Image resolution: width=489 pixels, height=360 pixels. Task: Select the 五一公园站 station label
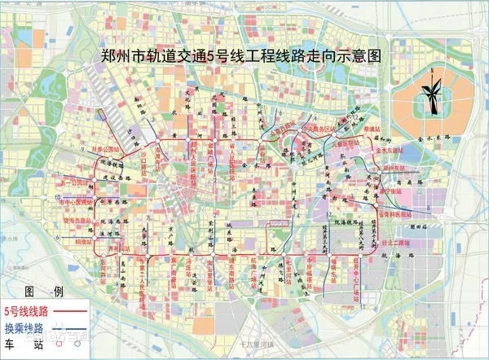[74, 183]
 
